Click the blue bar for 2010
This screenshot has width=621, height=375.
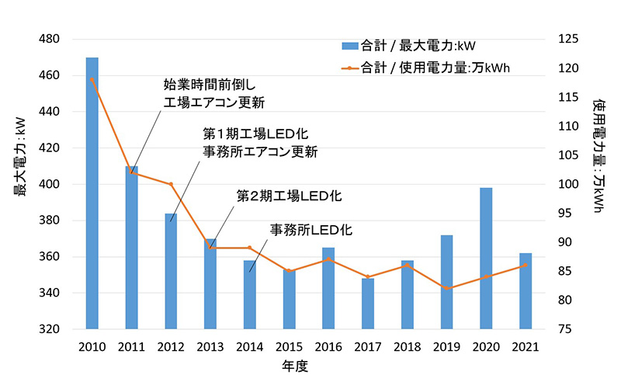pos(92,194)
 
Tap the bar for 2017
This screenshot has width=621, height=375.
pos(368,304)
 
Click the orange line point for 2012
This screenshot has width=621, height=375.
pos(171,184)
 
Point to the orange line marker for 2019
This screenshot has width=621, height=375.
pos(447,288)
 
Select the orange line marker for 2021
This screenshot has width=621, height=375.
pos(526,265)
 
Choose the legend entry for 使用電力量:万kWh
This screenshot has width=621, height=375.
pos(435,68)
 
